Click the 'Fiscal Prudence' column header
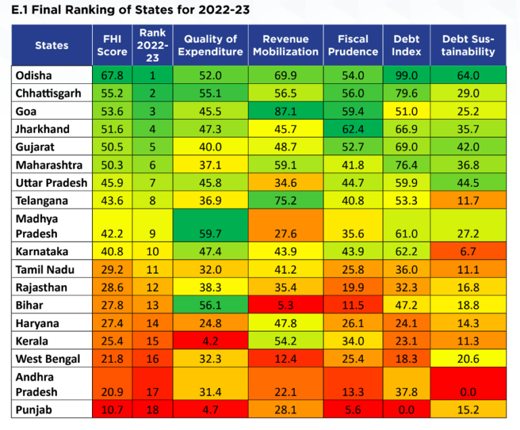[352, 45]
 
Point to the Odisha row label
[34, 76]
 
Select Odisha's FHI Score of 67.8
[112, 76]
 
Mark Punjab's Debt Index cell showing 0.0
[406, 410]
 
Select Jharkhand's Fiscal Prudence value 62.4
[352, 129]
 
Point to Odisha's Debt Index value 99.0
[406, 76]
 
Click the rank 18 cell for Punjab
[152, 410]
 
